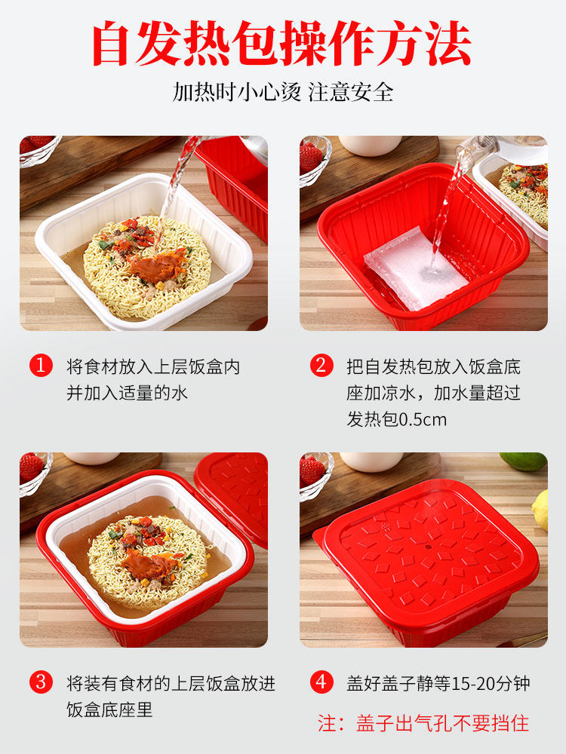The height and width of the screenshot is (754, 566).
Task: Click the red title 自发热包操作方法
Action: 282,44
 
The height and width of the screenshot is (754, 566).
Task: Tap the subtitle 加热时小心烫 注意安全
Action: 282,92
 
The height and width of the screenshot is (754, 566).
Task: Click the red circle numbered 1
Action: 41,366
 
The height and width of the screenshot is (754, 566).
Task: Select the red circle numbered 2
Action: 321,366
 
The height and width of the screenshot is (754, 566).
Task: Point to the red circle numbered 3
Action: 41,684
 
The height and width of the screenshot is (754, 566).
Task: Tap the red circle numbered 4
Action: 321,684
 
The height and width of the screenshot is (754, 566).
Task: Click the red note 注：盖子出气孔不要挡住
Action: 423,723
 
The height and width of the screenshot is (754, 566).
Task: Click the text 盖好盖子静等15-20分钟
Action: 438,684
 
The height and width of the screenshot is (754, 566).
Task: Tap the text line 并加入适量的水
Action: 127,393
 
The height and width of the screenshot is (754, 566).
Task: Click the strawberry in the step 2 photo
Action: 311,157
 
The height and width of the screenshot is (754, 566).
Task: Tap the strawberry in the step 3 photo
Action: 31,467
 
